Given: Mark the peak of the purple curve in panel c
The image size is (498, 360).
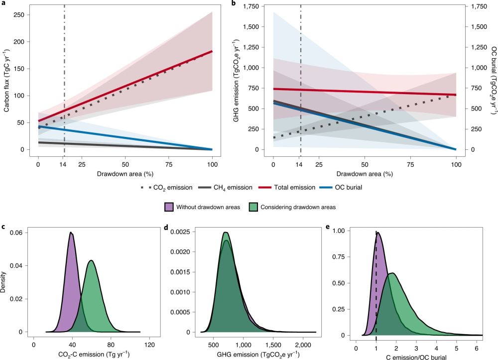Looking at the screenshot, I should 71,233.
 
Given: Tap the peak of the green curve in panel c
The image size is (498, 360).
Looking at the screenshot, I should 91,260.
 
